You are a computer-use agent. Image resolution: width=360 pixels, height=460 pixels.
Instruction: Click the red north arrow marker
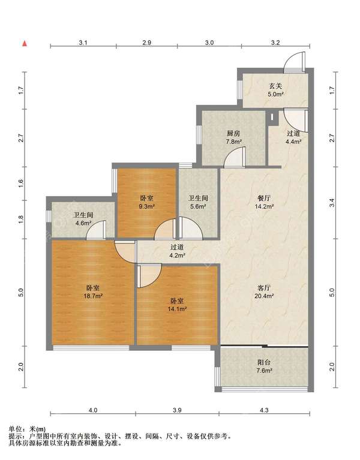[x=25, y=44]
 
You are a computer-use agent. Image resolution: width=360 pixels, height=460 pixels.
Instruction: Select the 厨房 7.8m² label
[x=233, y=137]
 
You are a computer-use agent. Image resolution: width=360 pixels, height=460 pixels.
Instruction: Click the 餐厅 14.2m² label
[x=264, y=202]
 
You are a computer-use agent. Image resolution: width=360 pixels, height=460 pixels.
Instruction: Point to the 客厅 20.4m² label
[x=264, y=291]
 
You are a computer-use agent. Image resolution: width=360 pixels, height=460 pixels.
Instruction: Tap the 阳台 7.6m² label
[x=264, y=366]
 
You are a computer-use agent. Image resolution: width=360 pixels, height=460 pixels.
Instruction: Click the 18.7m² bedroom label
[x=93, y=291]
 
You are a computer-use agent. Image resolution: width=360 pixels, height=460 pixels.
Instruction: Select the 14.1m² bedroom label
[x=177, y=305]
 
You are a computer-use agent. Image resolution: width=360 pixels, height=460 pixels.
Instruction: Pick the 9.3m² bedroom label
[x=146, y=202]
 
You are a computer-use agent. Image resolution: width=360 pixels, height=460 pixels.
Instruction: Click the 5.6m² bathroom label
[x=198, y=202]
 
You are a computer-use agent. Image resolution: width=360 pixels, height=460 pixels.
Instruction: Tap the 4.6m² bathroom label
[x=83, y=219]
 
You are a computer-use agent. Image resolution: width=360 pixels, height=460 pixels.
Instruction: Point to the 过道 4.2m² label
[x=177, y=251]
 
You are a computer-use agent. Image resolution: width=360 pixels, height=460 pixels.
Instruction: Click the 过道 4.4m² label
[x=293, y=137]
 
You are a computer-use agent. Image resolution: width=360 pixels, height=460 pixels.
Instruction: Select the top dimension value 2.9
[x=146, y=43]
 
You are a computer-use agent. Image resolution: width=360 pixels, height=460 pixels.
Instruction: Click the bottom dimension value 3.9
[x=177, y=410]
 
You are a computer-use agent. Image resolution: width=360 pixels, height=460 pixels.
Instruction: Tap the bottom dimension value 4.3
[x=264, y=410]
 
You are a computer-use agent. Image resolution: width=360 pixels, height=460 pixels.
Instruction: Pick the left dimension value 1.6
[x=20, y=184]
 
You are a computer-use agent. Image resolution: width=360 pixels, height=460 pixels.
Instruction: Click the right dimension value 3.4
[x=332, y=203]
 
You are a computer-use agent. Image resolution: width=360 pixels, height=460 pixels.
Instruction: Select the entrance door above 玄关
[x=295, y=62]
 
